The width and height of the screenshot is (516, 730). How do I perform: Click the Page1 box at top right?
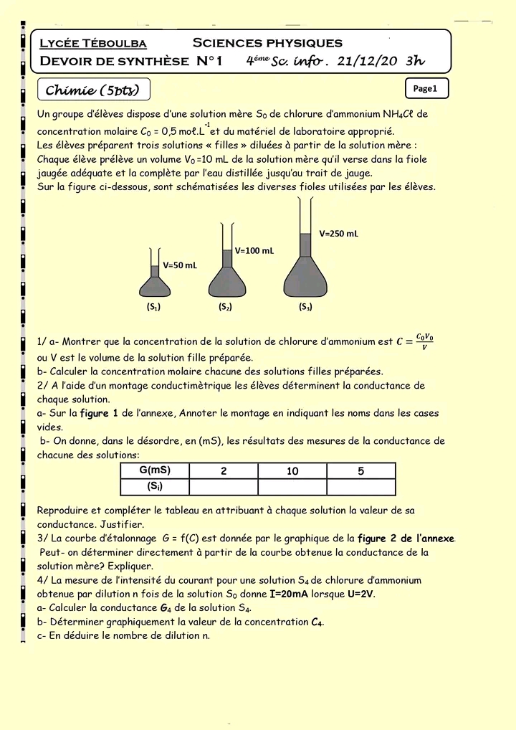(x=426, y=89)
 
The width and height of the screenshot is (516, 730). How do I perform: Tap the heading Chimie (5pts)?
(x=92, y=90)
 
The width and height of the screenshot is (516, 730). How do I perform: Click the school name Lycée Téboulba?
(x=93, y=44)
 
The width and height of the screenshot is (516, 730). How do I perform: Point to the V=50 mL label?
(x=180, y=265)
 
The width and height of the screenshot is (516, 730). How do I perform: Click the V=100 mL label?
(x=254, y=251)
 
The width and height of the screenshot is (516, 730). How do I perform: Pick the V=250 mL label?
(x=339, y=234)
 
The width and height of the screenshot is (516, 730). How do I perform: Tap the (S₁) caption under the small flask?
(x=153, y=307)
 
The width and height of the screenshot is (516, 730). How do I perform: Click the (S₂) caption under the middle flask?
(x=226, y=307)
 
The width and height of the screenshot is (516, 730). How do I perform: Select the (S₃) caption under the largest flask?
(x=305, y=307)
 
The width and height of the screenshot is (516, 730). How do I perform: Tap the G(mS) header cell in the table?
(x=154, y=471)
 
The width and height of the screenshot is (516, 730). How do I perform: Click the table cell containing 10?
(x=292, y=471)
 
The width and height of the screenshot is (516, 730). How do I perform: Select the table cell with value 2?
(x=224, y=471)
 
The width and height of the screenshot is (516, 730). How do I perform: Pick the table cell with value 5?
(x=361, y=471)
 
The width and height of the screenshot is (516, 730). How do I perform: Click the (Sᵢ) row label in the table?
(x=154, y=487)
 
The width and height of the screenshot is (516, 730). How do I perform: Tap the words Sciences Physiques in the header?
(x=267, y=44)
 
